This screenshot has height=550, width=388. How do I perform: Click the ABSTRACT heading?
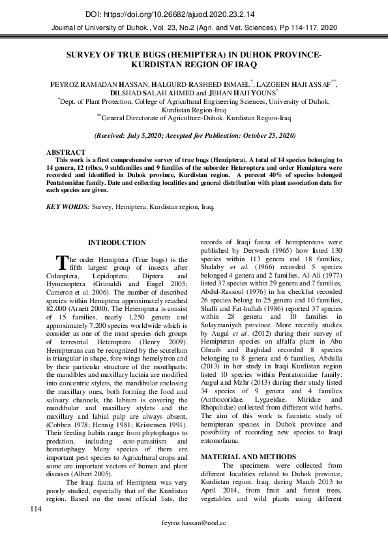[66, 152]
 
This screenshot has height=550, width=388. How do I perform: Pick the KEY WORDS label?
[68, 206]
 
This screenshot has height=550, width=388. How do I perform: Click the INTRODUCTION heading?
[117, 242]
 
